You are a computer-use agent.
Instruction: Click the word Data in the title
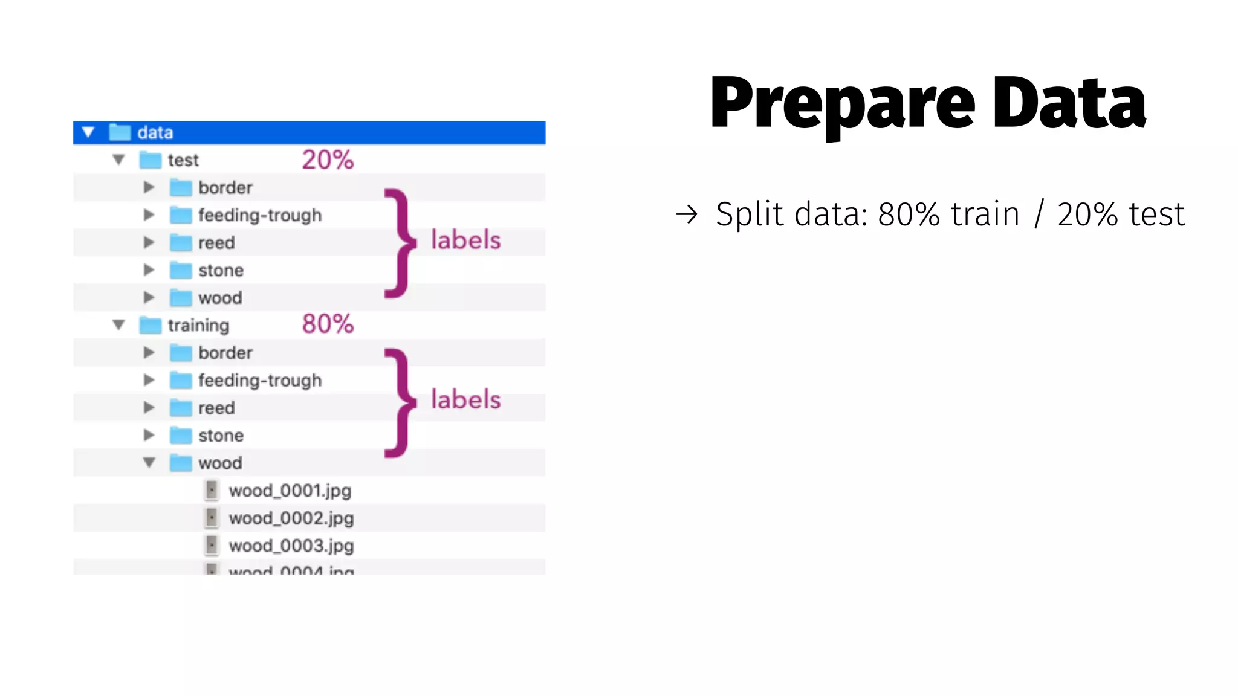tap(1069, 103)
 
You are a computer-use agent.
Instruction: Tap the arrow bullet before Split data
tap(687, 214)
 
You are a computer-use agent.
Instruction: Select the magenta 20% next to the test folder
tap(328, 160)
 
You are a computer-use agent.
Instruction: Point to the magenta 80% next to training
tap(328, 324)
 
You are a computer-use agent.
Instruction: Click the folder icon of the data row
tap(120, 132)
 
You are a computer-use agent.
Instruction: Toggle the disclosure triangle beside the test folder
tap(118, 160)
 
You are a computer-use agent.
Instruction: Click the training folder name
tap(198, 326)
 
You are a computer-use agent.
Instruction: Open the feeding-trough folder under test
tap(259, 215)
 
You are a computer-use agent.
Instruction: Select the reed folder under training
tap(216, 408)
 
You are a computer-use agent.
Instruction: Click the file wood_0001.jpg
tap(290, 491)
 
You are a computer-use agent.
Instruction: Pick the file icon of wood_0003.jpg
tap(212, 546)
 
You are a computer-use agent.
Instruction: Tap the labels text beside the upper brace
tap(465, 240)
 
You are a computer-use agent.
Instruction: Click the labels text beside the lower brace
tap(465, 400)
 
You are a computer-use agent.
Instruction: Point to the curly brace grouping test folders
tap(400, 243)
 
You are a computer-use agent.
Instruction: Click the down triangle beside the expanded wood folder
tap(149, 463)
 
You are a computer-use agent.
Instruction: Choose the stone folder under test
tap(221, 271)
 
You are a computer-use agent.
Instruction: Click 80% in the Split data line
tap(909, 214)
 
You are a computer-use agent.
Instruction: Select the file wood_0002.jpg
tap(291, 518)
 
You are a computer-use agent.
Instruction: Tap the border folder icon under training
tap(181, 353)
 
